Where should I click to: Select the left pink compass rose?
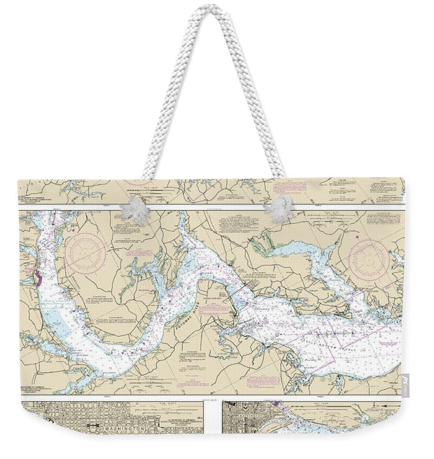85,250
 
